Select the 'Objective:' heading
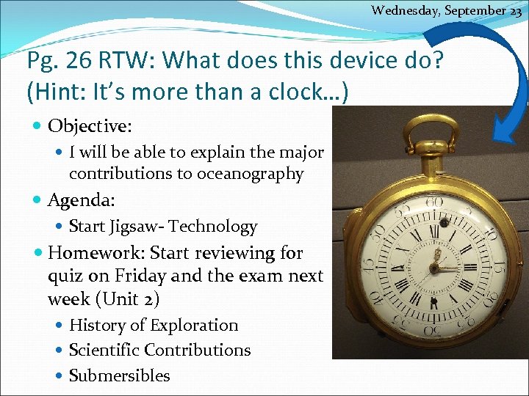pyautogui.click(x=90, y=126)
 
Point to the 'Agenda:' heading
pyautogui.click(x=82, y=199)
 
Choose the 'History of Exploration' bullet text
pyautogui.click(x=154, y=325)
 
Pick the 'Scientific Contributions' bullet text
pyautogui.click(x=159, y=350)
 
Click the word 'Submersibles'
pyautogui.click(x=119, y=375)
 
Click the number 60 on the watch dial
pyautogui.click(x=434, y=201)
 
